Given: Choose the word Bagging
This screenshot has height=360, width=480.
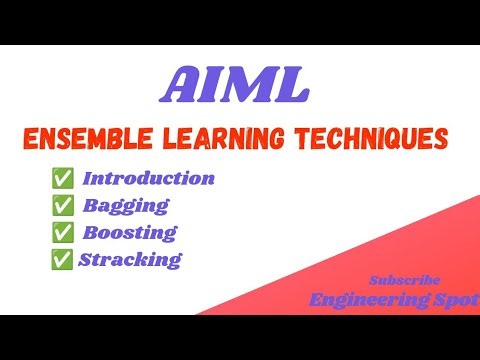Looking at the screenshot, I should point(125,206).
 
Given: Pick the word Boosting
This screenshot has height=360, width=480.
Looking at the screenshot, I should point(129,232).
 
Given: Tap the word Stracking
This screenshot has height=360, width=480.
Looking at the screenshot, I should point(132,259).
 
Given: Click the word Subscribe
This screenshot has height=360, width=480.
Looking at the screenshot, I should point(404,280).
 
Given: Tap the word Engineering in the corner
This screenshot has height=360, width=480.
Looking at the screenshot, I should point(376,298).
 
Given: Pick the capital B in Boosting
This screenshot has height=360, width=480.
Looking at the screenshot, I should point(89,232).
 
